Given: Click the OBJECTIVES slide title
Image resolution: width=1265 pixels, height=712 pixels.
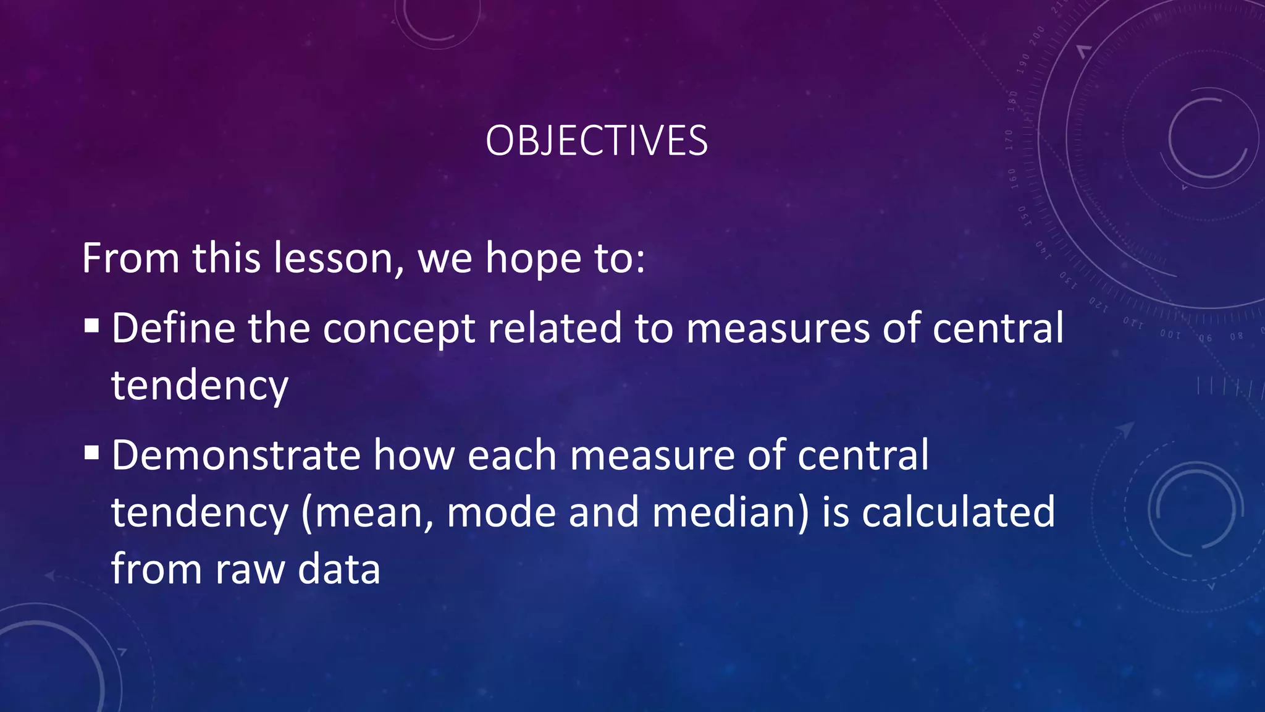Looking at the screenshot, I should pyautogui.click(x=596, y=141).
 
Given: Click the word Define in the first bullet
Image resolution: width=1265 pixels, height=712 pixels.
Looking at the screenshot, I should pyautogui.click(x=173, y=328).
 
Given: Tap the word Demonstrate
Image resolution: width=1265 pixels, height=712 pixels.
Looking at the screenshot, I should pyautogui.click(x=235, y=456).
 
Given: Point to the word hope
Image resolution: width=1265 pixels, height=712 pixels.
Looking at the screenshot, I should pyautogui.click(x=533, y=259).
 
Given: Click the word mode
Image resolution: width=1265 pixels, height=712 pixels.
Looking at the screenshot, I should pyautogui.click(x=500, y=513).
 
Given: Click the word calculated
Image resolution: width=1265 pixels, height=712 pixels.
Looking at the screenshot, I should pyautogui.click(x=958, y=512).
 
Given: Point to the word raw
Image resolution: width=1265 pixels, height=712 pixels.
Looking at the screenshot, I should pyautogui.click(x=250, y=570).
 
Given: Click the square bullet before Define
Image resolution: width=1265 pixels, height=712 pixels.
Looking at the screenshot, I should pyautogui.click(x=91, y=326).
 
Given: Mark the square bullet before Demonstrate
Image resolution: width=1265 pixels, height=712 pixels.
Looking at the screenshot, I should pyautogui.click(x=91, y=453).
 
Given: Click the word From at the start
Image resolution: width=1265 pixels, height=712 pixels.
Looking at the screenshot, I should pyautogui.click(x=130, y=258).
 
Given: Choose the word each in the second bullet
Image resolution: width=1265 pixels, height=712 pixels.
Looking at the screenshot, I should pyautogui.click(x=511, y=456).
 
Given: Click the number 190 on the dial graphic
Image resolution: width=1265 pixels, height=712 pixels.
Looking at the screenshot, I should pyautogui.click(x=1025, y=62).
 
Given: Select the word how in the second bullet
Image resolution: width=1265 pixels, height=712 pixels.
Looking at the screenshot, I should pyautogui.click(x=413, y=456).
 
